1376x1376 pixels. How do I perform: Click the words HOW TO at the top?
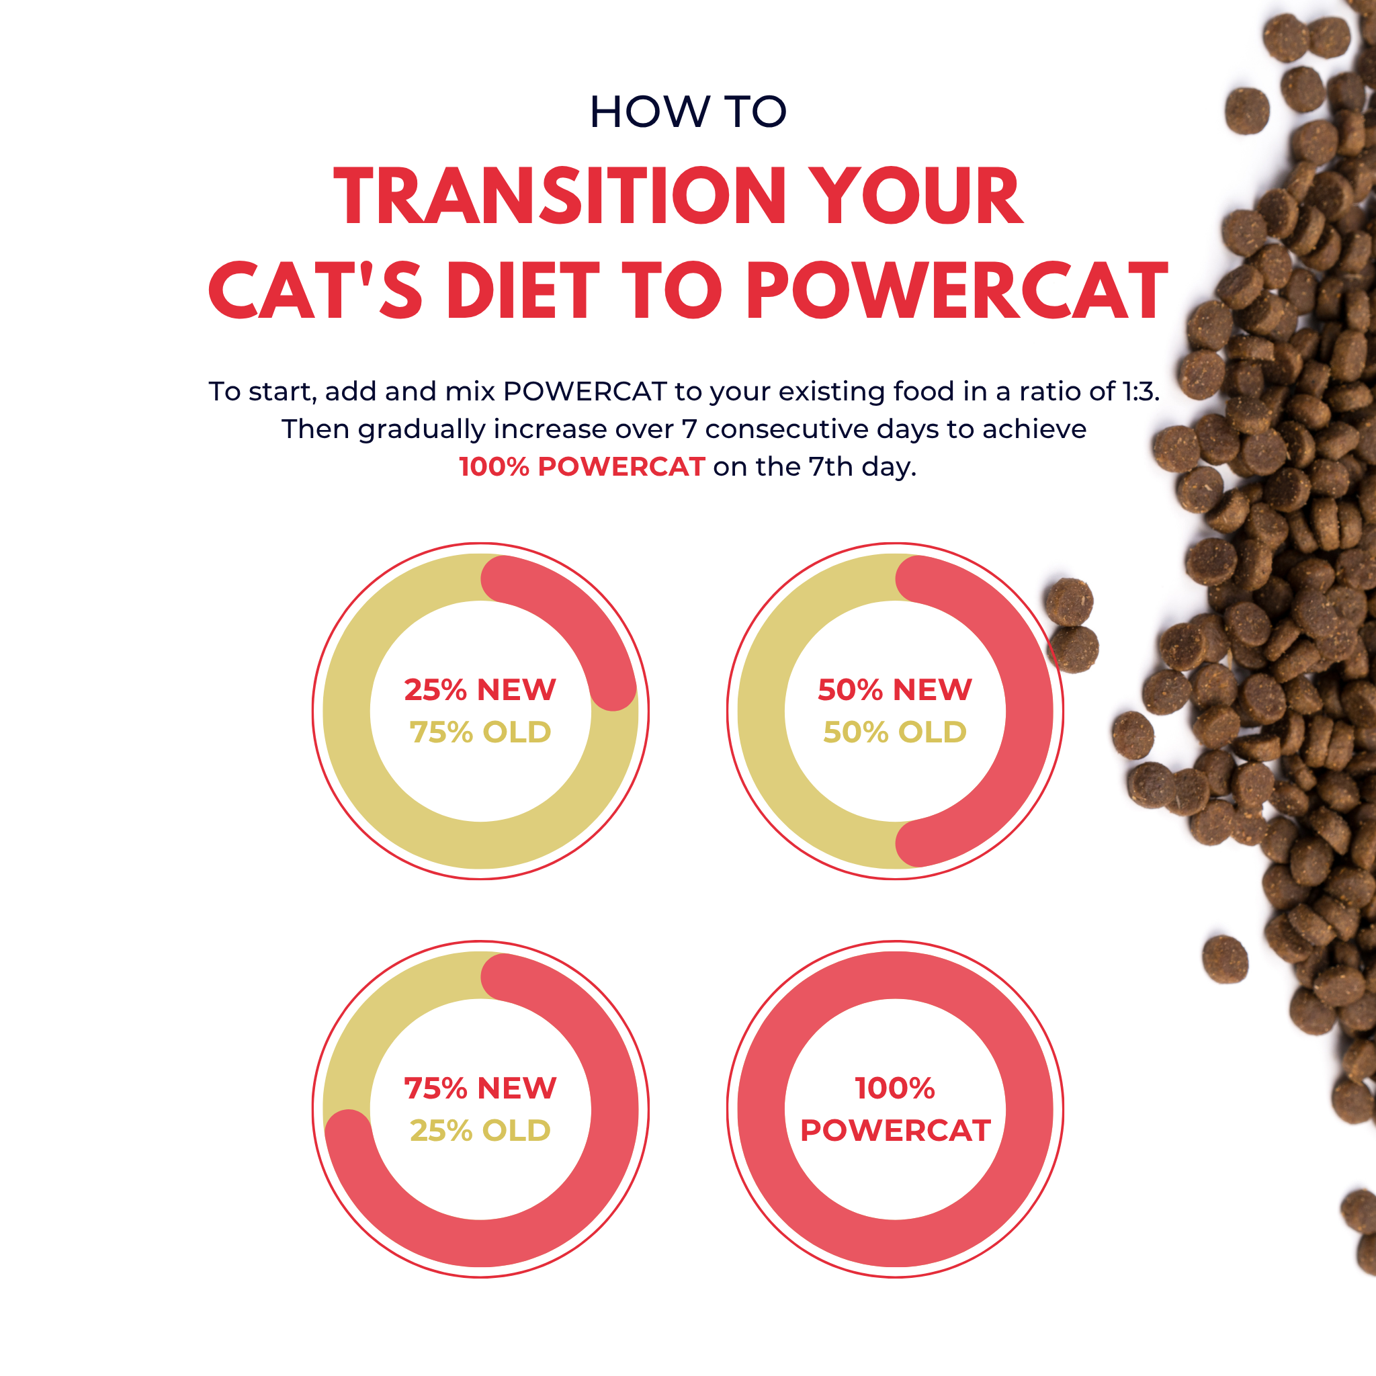coord(687,112)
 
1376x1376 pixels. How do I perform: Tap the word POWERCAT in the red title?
coord(957,290)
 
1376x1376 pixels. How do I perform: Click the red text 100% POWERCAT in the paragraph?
coord(582,467)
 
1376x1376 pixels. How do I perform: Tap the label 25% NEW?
coord(480,689)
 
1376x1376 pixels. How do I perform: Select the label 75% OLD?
coord(480,732)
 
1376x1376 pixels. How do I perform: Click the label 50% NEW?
coord(894,689)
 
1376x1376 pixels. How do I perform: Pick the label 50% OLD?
coord(894,732)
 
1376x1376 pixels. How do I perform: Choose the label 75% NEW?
coord(480,1088)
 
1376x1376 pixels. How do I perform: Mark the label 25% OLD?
coord(480,1130)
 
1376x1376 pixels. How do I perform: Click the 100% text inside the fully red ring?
coord(894,1088)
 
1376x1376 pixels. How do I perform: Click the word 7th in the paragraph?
coord(830,467)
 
